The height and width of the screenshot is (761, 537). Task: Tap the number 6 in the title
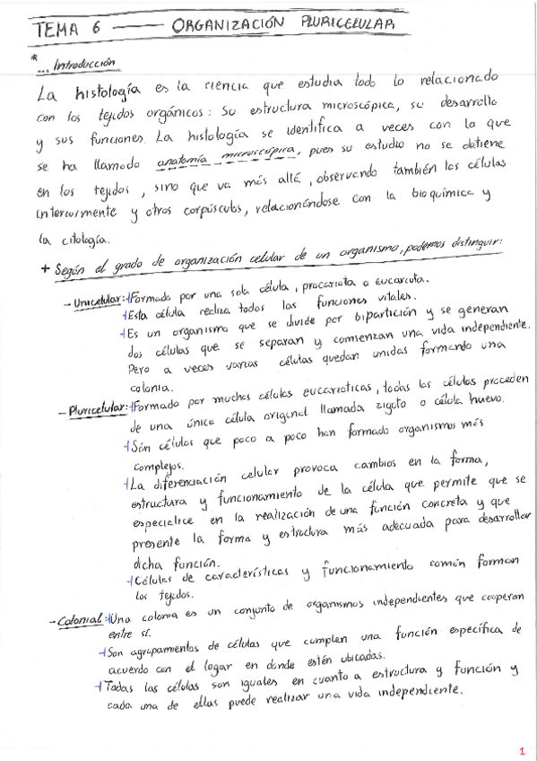coord(96,30)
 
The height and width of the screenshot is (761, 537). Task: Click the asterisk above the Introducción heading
coord(33,56)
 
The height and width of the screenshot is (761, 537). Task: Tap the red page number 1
coord(522,750)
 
